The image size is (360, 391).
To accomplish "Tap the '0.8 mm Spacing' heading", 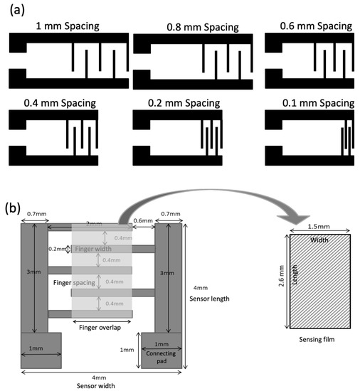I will [x=192, y=28].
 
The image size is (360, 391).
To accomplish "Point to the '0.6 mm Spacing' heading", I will [x=309, y=26].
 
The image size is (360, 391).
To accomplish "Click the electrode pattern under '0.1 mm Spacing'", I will [x=309, y=138].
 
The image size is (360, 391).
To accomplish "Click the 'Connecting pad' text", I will [x=165, y=353].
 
